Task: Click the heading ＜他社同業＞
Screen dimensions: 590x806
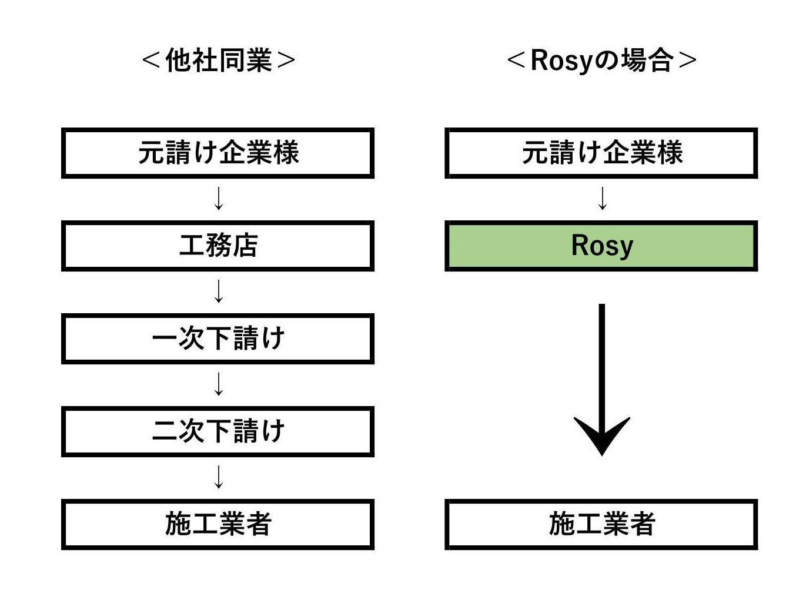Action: point(218,60)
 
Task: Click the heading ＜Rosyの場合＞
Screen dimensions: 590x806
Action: point(601,60)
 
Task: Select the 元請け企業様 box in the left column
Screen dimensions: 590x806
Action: point(218,153)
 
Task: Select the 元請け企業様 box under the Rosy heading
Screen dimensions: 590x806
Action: point(601,153)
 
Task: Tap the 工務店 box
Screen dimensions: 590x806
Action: point(218,246)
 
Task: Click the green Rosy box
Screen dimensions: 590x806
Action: point(601,246)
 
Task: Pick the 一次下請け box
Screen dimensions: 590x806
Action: point(218,338)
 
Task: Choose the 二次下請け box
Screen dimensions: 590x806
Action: point(218,431)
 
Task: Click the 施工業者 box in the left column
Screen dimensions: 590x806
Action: point(218,524)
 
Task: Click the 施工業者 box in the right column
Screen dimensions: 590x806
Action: point(601,524)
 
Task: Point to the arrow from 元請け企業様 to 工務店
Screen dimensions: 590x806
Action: point(219,199)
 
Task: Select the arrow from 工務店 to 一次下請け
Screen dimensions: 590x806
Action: point(219,291)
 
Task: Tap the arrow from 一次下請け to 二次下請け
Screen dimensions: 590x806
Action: point(219,384)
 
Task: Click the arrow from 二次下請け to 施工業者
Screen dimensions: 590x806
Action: point(219,477)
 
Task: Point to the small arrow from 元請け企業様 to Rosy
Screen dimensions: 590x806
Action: point(602,199)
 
